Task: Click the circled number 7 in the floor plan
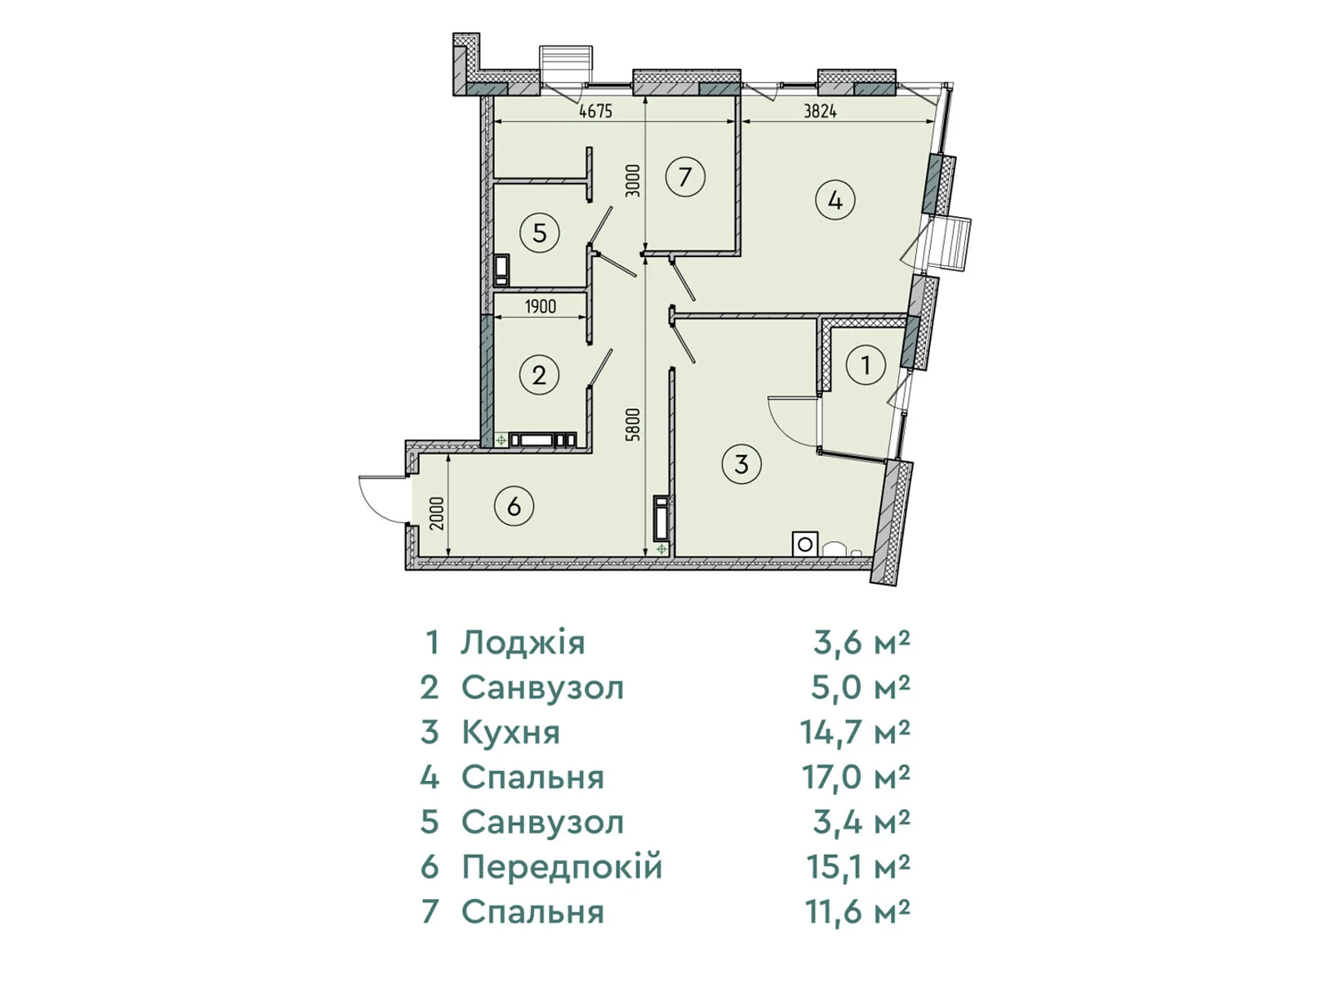685,177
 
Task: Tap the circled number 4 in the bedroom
835,200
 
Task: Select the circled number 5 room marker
539,233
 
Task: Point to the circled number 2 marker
539,376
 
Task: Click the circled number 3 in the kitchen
741,464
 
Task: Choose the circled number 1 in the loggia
865,365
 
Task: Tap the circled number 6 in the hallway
513,506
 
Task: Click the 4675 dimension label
596,111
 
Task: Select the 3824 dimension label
820,111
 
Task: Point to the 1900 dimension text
540,307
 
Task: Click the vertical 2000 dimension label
438,513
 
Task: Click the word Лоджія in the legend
522,643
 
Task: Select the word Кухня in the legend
511,733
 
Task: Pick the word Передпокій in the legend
562,867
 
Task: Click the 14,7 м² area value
855,732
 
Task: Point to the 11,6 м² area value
858,912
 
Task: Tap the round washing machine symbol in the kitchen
804,544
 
